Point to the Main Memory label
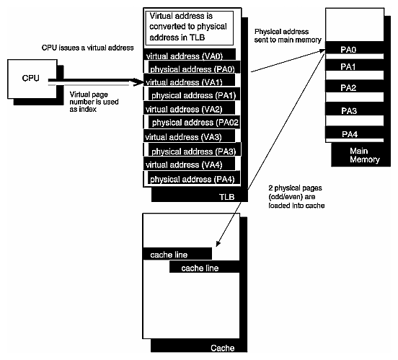tap(363, 155)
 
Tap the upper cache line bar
tap(177, 254)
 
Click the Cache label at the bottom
tap(222, 348)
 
